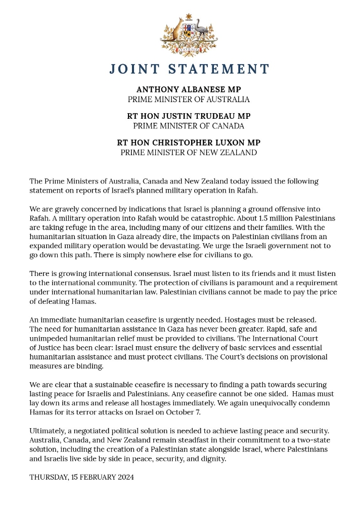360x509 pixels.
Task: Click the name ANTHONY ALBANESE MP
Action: pyautogui.click(x=189, y=89)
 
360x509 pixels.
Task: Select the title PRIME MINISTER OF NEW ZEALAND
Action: pyautogui.click(x=189, y=152)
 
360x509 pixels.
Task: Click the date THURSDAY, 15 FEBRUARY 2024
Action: pyautogui.click(x=81, y=477)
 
